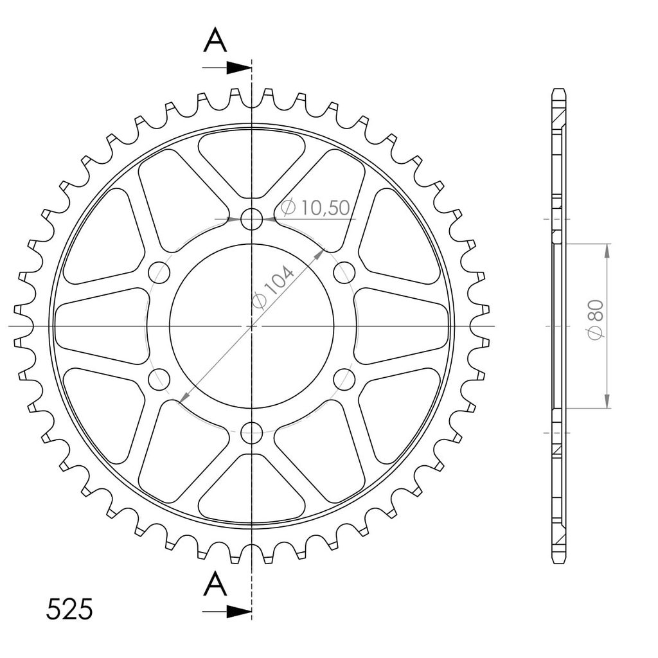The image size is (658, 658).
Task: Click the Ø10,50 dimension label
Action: [316, 208]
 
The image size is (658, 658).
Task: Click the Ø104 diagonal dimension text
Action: [274, 287]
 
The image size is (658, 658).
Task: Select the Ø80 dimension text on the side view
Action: [596, 320]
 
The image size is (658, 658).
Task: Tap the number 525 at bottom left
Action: [69, 609]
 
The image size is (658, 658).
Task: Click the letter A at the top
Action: [215, 40]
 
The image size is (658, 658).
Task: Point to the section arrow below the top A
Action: [227, 67]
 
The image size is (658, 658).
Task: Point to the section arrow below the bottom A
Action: [227, 612]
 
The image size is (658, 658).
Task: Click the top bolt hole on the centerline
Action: [252, 218]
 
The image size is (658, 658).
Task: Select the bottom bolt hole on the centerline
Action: [252, 432]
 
